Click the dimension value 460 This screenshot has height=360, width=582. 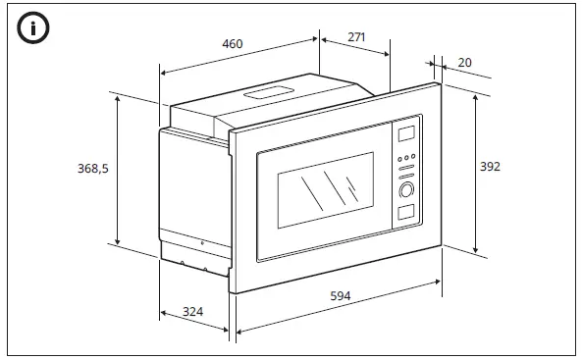point(232,44)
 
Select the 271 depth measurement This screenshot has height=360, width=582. point(356,37)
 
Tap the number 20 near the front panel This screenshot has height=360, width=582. point(464,63)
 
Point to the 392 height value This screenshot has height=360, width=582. point(490,167)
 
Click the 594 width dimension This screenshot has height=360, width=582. point(341,296)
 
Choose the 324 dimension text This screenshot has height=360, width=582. point(193,311)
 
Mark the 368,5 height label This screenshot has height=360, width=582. point(92,169)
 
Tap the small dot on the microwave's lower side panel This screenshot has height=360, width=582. point(201,243)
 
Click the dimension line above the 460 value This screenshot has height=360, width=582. point(239,56)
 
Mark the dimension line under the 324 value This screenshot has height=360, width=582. point(193,322)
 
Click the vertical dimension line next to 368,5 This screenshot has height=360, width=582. point(117,169)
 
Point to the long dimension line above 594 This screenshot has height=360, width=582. point(338,307)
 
